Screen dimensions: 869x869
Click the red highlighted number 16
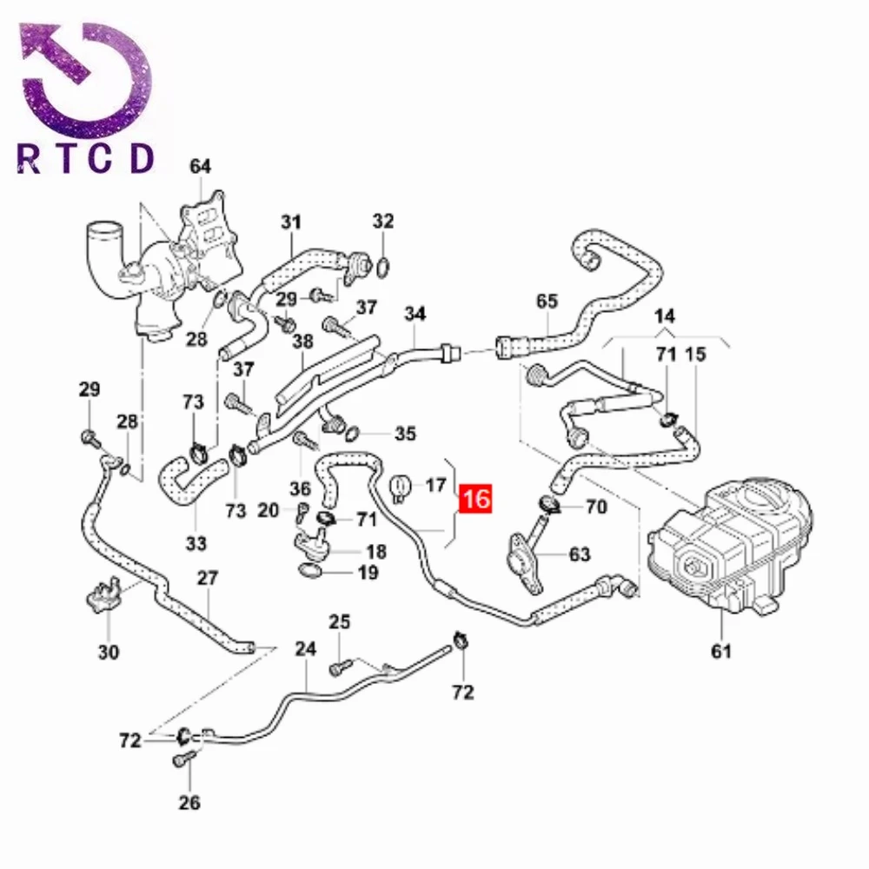coord(476,499)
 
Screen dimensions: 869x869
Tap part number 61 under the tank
coord(722,650)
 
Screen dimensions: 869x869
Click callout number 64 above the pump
coord(201,166)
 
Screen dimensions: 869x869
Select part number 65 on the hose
coord(547,302)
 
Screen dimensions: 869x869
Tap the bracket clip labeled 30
coord(105,598)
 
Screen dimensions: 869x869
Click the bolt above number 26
coord(181,761)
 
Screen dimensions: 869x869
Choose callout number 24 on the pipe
coord(305,649)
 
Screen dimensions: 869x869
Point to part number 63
coord(579,554)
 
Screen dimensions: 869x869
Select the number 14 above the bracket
coord(665,315)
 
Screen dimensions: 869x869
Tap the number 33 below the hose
coord(196,544)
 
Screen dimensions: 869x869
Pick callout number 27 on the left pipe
coord(209,578)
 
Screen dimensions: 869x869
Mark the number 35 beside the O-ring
coord(406,433)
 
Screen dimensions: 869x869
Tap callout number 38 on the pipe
coord(302,342)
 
